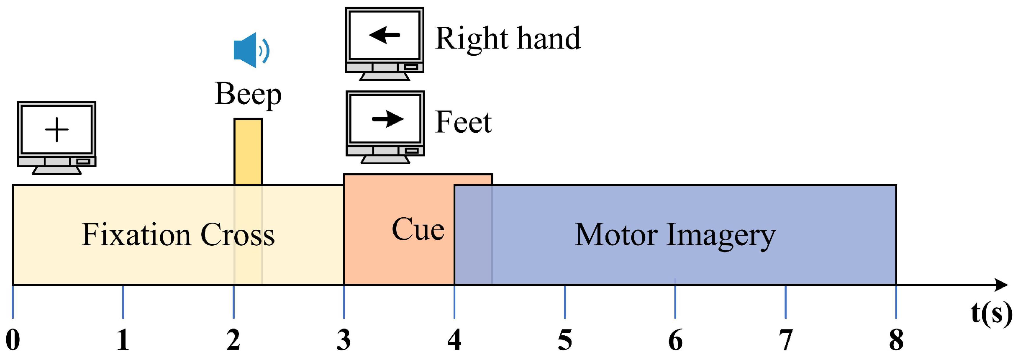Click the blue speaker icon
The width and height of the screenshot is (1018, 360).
pos(250,50)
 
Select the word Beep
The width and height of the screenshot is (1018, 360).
pos(248,94)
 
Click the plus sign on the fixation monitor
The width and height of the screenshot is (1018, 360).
pos(56,130)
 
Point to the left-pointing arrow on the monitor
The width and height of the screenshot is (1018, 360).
pos(385,35)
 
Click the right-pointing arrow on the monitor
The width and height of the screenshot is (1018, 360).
pos(387,119)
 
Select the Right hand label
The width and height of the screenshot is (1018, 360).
pos(508,39)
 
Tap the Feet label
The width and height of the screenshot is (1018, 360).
pos(463,122)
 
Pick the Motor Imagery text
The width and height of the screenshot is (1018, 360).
pos(674,235)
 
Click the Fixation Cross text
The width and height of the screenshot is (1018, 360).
pos(178,235)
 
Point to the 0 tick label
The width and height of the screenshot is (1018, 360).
pos(13,340)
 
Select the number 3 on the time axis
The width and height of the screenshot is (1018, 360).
pos(344,340)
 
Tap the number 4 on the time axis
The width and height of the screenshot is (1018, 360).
pos(454,340)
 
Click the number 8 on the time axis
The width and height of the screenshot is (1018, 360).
pos(896,340)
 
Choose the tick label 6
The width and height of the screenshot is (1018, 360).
pos(675,340)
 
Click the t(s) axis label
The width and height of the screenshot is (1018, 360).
pos(991,313)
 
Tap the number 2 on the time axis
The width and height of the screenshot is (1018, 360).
pos(233,340)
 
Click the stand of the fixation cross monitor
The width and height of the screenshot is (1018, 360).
pos(56,170)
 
